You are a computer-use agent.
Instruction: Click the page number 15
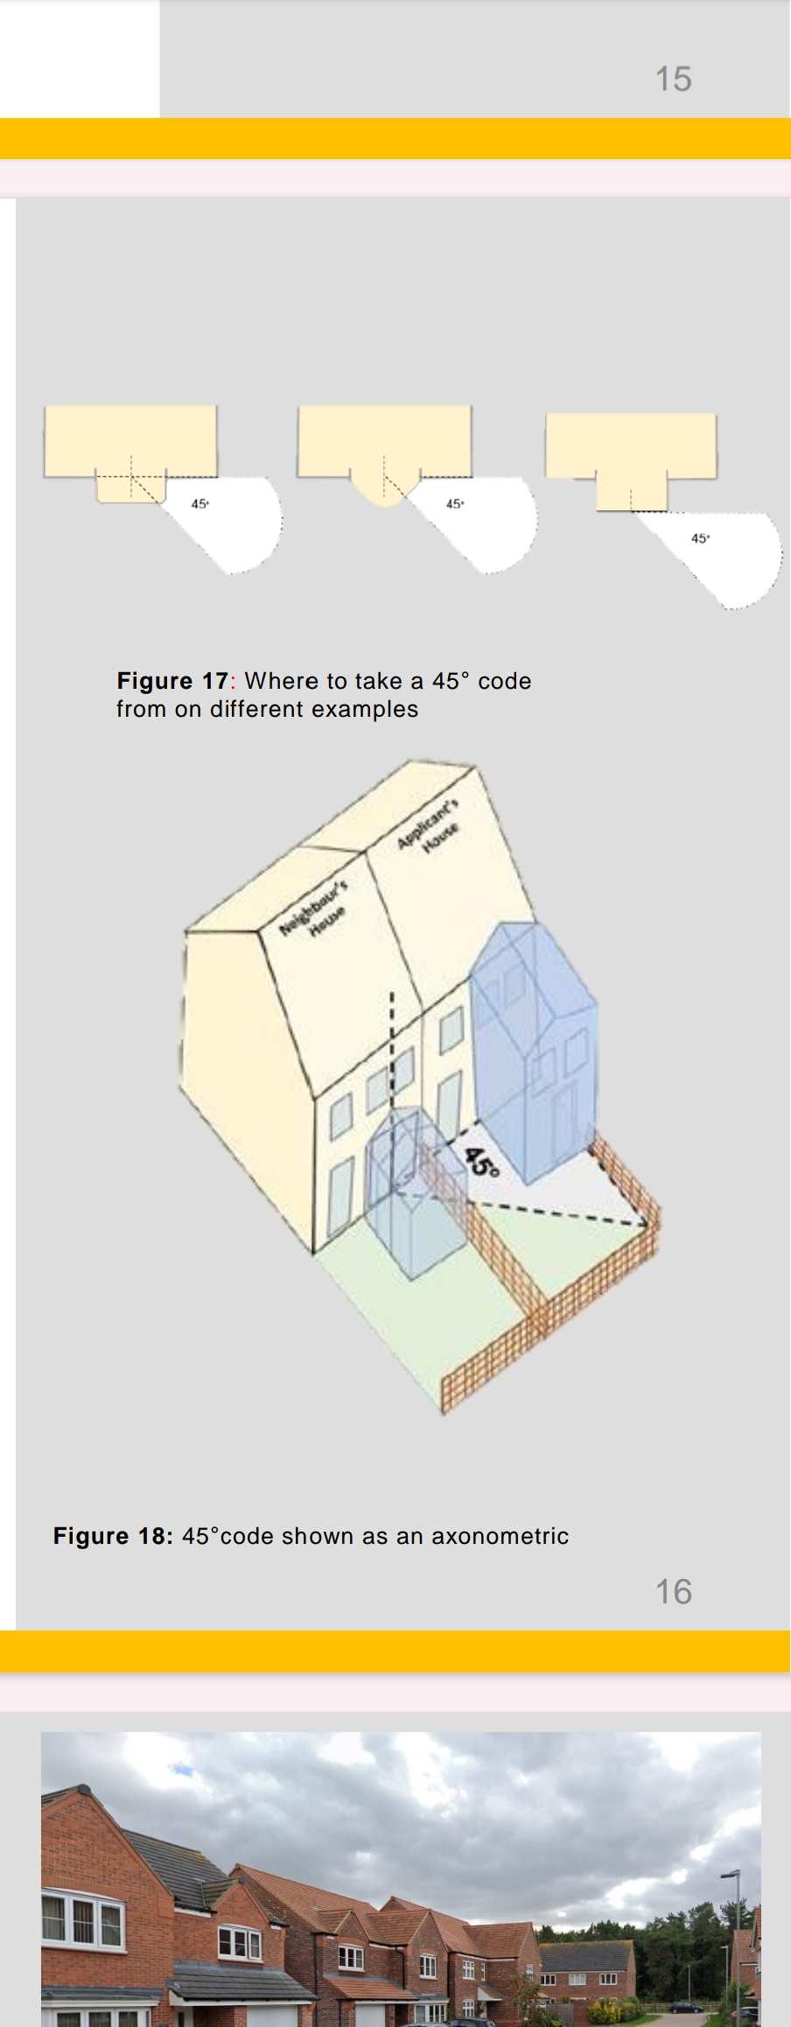tap(673, 79)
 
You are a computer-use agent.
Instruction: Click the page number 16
tap(673, 1591)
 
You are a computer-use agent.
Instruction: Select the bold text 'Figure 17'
tap(172, 681)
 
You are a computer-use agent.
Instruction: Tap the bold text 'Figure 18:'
tap(114, 1536)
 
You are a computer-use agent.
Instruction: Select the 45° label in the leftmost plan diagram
tap(200, 504)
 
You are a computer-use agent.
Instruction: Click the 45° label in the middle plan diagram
tap(455, 504)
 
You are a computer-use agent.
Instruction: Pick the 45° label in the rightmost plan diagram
tap(700, 539)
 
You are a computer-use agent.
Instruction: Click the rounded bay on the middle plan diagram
tap(383, 491)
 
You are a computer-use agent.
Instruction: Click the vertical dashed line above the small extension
tap(392, 1050)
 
